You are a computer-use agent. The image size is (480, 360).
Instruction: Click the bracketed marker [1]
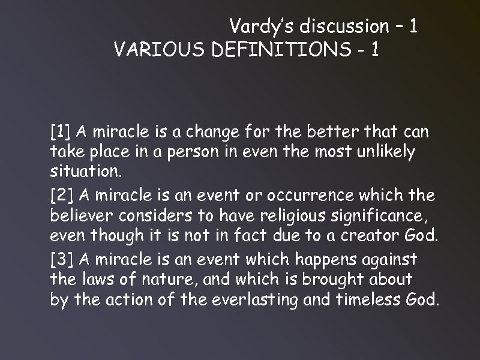click(61, 131)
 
